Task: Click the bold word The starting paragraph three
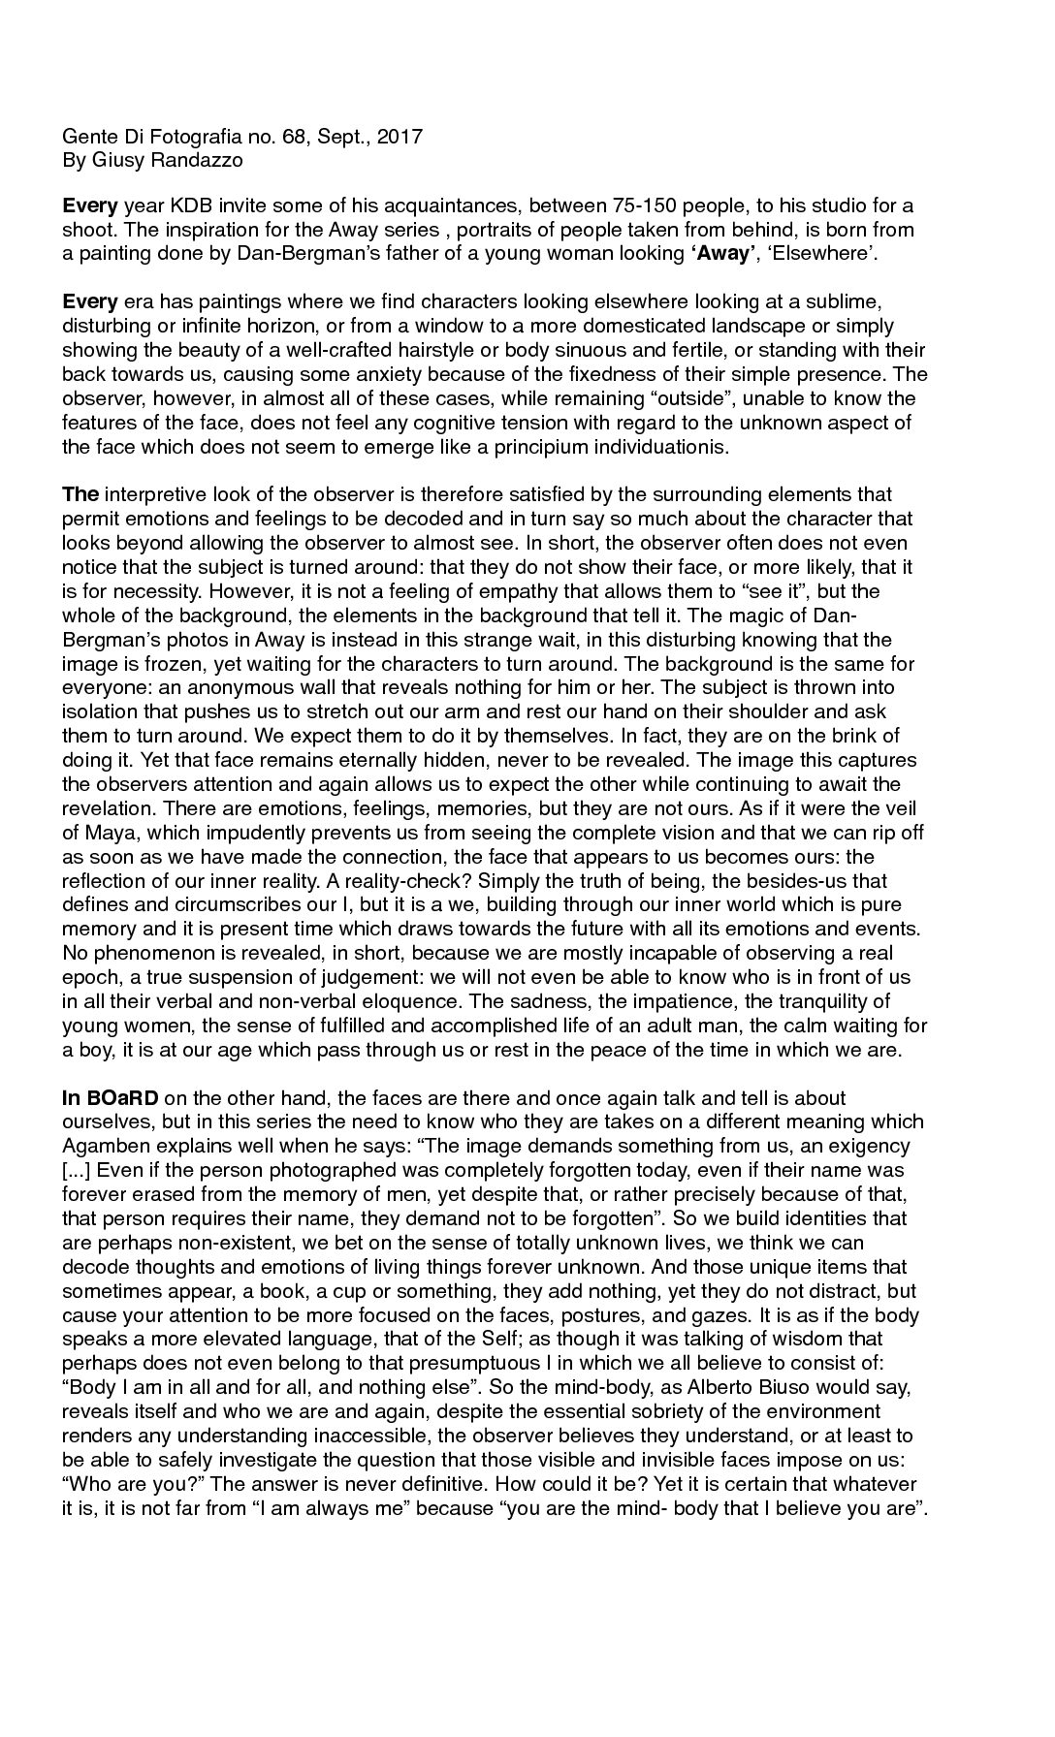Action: click(x=80, y=495)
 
